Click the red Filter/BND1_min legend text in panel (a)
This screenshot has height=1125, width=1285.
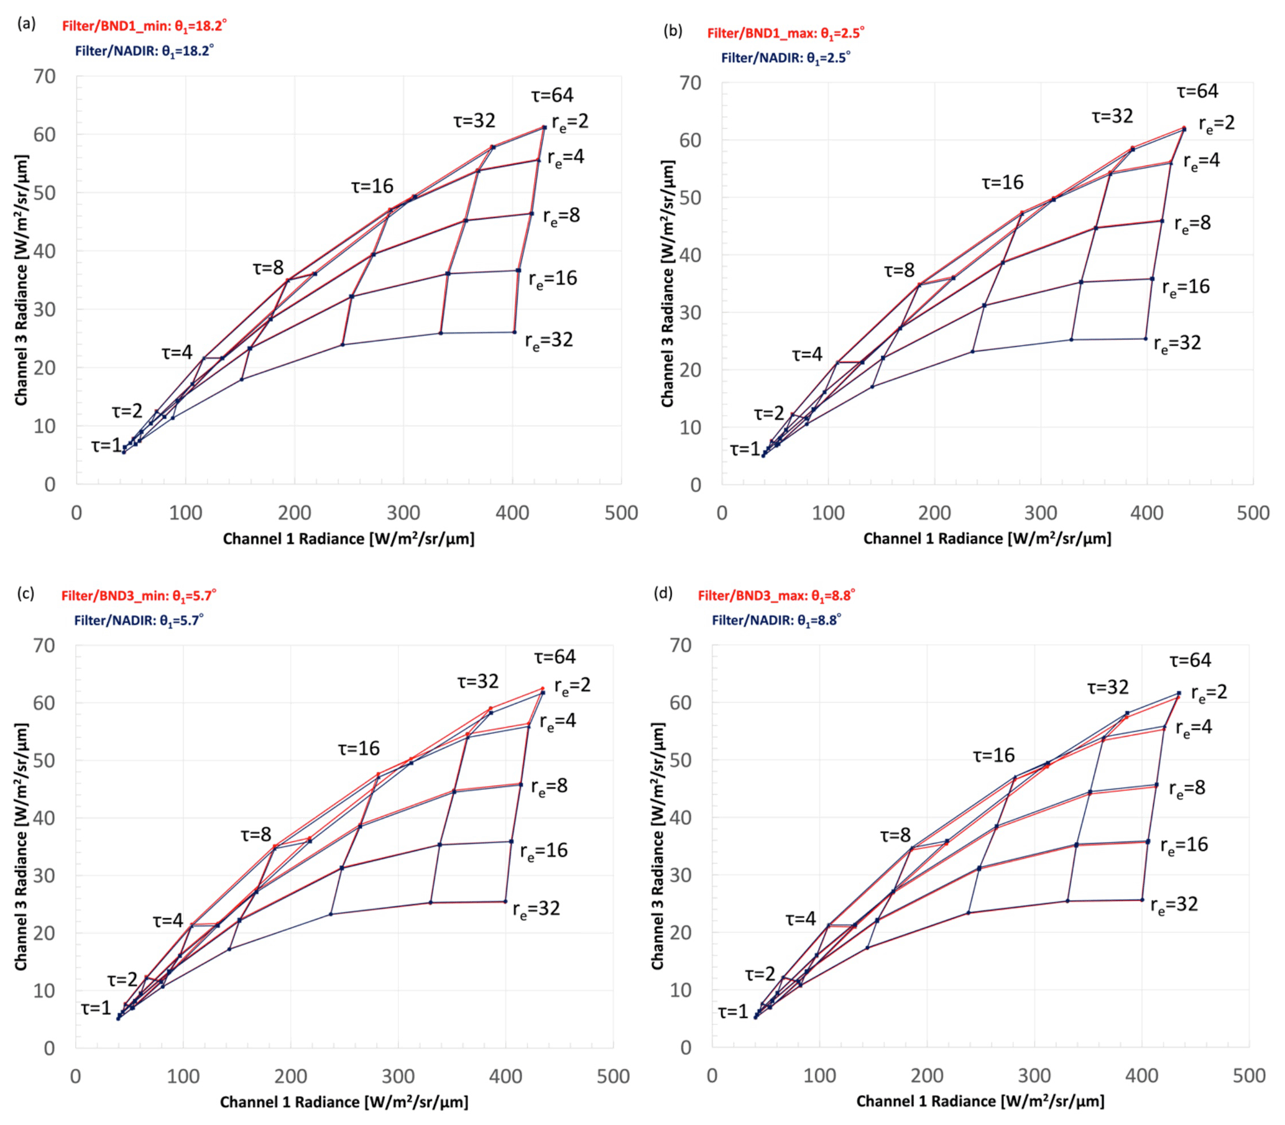click(144, 25)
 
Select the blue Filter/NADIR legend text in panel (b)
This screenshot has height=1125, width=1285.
click(785, 58)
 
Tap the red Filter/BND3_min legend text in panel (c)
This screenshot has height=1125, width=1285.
click(139, 595)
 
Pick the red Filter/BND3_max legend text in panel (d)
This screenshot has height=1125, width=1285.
click(776, 595)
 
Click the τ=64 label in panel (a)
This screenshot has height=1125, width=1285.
click(552, 96)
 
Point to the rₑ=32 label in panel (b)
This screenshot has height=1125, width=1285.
click(1177, 343)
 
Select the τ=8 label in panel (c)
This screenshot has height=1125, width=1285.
click(256, 834)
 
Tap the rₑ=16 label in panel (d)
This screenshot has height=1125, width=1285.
click(1183, 845)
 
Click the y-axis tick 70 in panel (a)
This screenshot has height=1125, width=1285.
click(45, 76)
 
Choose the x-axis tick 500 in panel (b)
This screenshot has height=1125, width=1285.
click(1252, 513)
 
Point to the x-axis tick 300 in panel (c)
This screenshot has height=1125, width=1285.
click(398, 1076)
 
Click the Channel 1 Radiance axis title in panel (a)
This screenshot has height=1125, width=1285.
click(348, 539)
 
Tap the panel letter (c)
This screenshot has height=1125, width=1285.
click(25, 593)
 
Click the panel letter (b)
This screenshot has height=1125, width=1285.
click(673, 30)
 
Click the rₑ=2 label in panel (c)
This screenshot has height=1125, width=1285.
click(572, 686)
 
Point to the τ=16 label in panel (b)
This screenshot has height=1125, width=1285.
click(1003, 183)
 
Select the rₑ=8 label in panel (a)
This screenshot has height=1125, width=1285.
click(561, 216)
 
